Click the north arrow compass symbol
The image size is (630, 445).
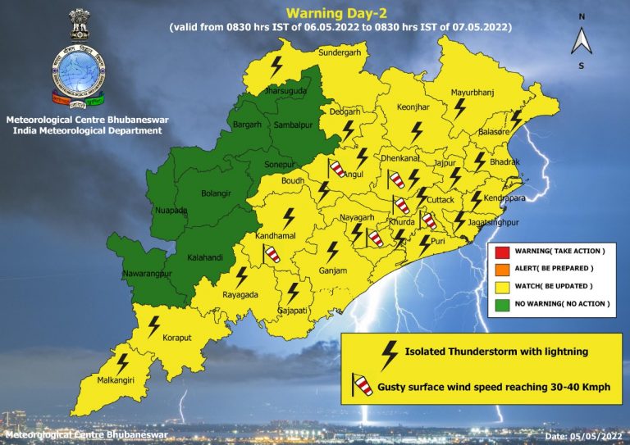[x=581, y=40]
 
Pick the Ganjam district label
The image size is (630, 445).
[x=334, y=270]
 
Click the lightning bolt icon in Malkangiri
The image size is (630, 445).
[x=122, y=361]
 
